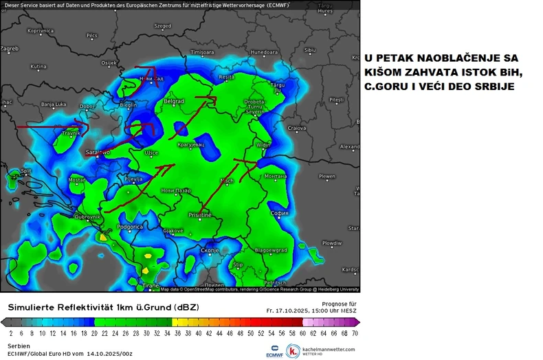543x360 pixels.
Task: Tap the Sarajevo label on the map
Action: pyautogui.click(x=98, y=151)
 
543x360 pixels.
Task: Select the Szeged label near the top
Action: pyautogui.click(x=162, y=26)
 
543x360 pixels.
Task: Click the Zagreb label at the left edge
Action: pyautogui.click(x=10, y=49)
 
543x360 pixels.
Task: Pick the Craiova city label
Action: pyautogui.click(x=296, y=128)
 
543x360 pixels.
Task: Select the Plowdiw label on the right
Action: pyautogui.click(x=332, y=243)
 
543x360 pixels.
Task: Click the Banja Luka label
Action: pyautogui.click(x=52, y=104)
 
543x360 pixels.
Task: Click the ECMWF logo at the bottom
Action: pyautogui.click(x=276, y=351)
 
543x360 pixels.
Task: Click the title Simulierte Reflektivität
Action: pyautogui.click(x=69, y=306)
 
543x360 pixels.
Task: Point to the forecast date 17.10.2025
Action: pyautogui.click(x=298, y=310)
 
